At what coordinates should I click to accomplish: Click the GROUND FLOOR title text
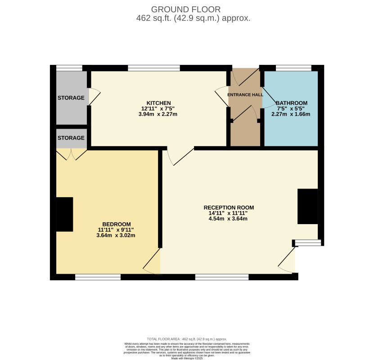tap(186, 9)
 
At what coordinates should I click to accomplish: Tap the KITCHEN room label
tap(158, 103)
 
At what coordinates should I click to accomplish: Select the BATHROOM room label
tap(291, 103)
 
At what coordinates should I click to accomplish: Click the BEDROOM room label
tap(116, 224)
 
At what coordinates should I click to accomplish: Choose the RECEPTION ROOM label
tap(229, 207)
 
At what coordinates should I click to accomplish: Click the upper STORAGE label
tap(71, 98)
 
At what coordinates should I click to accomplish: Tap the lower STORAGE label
tap(71, 138)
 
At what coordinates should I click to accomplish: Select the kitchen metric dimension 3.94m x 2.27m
tap(158, 114)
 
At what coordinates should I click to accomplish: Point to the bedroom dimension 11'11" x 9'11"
tap(116, 229)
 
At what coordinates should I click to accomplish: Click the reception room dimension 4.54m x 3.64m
tap(229, 219)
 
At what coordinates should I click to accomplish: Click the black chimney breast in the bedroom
tap(64, 214)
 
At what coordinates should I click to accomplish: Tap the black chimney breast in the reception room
tap(308, 206)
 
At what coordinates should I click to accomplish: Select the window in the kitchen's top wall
tap(154, 68)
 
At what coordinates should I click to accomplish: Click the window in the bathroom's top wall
tap(293, 68)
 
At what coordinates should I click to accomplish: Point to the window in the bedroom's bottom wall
tap(98, 277)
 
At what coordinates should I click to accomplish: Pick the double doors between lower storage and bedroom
tap(71, 154)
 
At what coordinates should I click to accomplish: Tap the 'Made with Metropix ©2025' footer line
tap(187, 358)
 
